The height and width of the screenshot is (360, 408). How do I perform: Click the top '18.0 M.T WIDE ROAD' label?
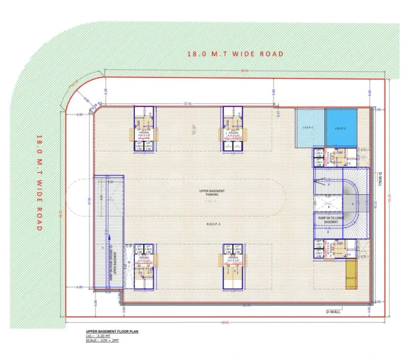[x=235, y=54]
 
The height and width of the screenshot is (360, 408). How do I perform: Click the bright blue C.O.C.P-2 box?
[x=340, y=128]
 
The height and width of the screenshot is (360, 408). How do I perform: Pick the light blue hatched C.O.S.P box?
[x=310, y=128]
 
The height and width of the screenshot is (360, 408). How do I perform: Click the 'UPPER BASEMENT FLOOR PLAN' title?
[x=102, y=331]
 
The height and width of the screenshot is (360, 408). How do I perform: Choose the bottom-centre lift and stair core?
[x=232, y=266]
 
